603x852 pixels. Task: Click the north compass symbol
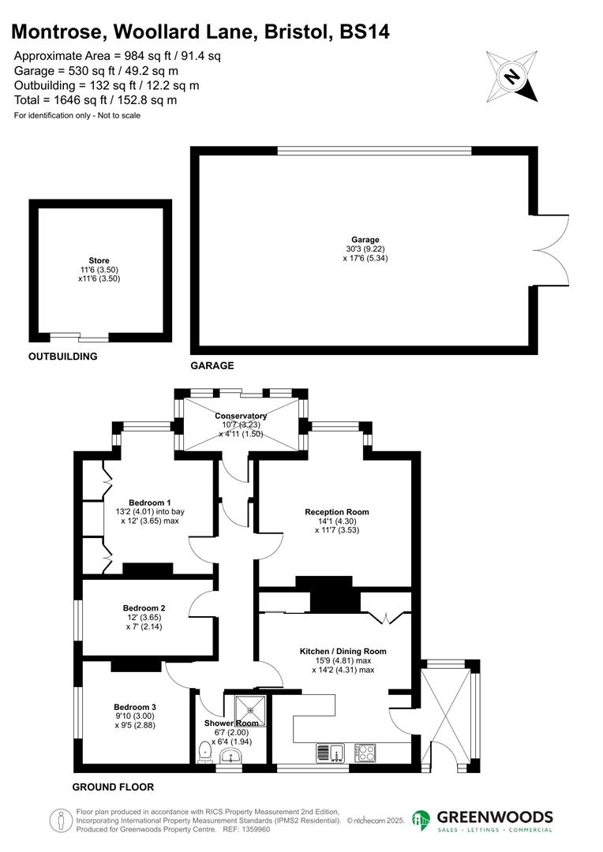point(512,77)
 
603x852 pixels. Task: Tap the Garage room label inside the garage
point(365,240)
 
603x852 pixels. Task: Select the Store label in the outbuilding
point(99,260)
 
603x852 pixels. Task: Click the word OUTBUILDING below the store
point(63,357)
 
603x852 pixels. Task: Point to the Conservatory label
point(241,416)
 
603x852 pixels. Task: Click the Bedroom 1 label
point(150,503)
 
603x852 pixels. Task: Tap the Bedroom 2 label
point(144,608)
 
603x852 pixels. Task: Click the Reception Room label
point(337,512)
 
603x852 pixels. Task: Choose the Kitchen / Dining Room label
point(343,652)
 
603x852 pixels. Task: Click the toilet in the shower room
point(204,750)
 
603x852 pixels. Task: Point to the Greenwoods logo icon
point(421,820)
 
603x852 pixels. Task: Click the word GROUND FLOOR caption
point(113,787)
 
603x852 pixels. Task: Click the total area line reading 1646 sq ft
point(96,100)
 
